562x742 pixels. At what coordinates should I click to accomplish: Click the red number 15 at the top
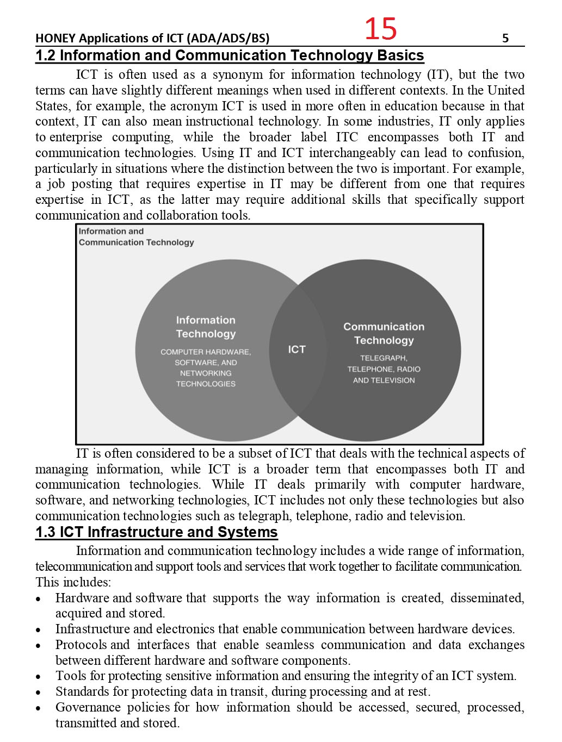point(380,28)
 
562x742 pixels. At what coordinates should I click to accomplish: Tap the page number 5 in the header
point(505,38)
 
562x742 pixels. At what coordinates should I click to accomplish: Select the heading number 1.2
point(45,55)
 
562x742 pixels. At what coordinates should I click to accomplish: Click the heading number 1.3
point(45,532)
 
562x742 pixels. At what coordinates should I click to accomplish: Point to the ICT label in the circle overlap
point(297,350)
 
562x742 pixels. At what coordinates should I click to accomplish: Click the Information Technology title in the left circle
point(206,327)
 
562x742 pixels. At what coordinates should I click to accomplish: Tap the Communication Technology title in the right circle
point(384,333)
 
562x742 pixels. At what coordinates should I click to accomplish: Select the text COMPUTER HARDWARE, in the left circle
point(206,352)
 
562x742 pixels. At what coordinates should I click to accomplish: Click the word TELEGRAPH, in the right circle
point(384,358)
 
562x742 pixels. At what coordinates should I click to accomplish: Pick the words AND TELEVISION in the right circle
point(384,381)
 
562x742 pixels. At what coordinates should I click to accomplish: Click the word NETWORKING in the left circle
point(206,373)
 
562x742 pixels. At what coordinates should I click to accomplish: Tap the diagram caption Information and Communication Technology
point(136,237)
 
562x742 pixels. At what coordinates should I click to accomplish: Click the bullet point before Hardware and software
point(39,599)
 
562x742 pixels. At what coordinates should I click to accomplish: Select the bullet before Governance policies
point(39,708)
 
